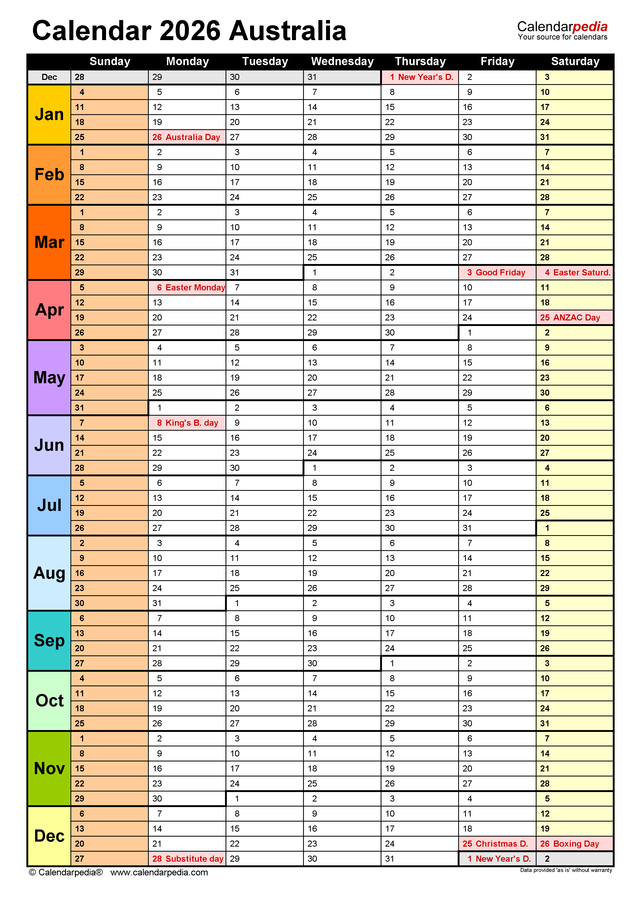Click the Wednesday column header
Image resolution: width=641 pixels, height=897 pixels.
342,61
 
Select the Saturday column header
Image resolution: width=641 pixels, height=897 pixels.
575,61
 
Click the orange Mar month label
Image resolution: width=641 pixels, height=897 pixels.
49,242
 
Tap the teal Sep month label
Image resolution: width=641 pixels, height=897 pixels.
49,640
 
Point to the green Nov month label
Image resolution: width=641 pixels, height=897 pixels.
49,768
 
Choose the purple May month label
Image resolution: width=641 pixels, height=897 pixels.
49,378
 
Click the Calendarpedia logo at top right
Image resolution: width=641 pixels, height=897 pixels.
562,30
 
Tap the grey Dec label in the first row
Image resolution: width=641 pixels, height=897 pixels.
49,77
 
